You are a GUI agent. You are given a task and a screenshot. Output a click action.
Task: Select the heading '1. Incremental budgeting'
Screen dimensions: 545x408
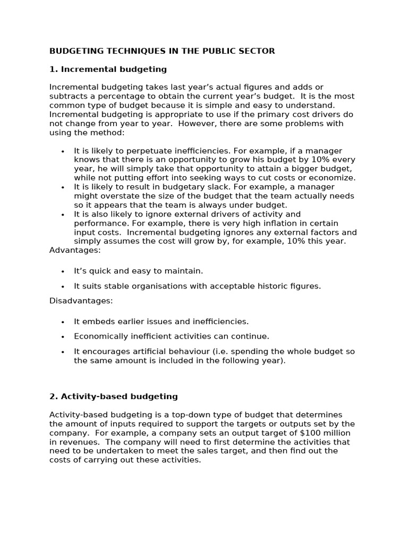(x=108, y=69)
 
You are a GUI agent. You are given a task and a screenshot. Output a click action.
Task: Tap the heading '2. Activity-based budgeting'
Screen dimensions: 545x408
(x=113, y=397)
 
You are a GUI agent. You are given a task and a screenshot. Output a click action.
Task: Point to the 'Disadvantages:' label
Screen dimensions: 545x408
(x=81, y=301)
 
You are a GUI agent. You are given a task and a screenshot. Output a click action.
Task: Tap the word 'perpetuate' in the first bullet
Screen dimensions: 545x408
(x=136, y=151)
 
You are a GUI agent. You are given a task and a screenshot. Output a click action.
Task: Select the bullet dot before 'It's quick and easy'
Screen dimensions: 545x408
(x=63, y=271)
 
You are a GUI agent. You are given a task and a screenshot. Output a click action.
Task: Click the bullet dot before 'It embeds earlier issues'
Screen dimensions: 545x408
(x=63, y=322)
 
